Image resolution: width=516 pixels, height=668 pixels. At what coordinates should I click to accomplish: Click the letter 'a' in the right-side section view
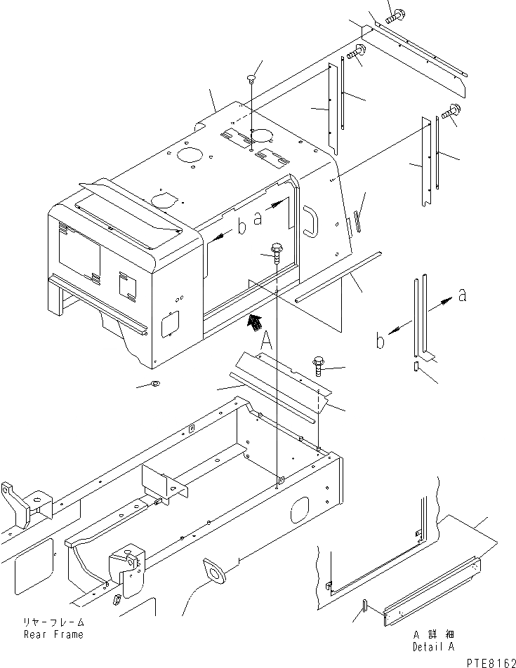point(461,296)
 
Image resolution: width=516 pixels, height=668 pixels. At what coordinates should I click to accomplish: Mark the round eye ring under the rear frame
point(215,570)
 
